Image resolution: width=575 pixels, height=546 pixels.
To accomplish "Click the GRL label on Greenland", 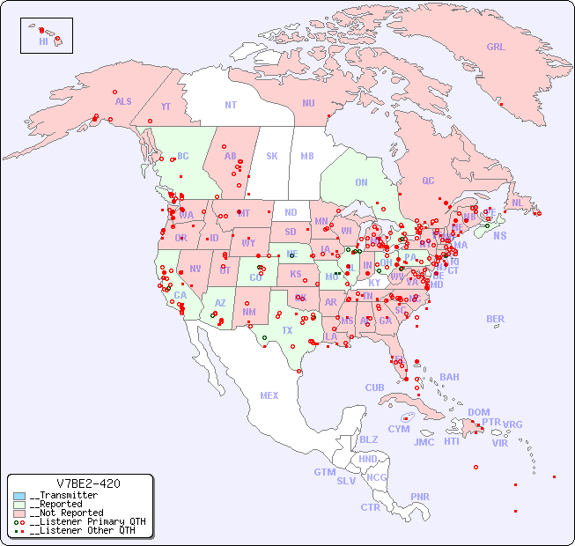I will coord(496,47).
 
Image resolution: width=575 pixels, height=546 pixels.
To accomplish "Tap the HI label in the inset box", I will coord(43,41).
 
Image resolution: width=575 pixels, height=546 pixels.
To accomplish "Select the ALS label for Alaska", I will coord(123,101).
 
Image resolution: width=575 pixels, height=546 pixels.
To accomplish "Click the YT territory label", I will coord(166,107).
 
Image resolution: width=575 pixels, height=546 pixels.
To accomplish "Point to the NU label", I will coord(308,103).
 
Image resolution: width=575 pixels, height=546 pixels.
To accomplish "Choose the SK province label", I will coord(272,156).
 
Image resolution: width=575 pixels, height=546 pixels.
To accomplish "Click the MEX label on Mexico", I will coord(269,395).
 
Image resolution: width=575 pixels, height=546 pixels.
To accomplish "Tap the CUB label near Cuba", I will coord(374,387).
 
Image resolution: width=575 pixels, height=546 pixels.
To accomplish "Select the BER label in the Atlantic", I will coord(495,319).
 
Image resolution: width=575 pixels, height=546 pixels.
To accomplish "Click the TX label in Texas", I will coord(287,330).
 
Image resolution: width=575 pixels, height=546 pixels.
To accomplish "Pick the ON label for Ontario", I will coord(361,182).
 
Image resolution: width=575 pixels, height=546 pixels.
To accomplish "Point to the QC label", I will coord(428,181).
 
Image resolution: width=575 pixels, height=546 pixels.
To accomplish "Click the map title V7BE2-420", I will coord(87,483).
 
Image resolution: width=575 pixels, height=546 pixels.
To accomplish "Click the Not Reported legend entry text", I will coord(68,513).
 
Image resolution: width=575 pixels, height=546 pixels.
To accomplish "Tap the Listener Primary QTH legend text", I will coord(86,521).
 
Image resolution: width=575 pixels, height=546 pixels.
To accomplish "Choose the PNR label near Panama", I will coord(420,497).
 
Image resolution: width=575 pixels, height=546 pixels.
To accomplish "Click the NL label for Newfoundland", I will coord(517,202).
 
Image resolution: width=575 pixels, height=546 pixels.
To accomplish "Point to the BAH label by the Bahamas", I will coord(449,377).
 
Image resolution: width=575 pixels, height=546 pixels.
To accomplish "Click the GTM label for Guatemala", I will coord(324,472).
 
